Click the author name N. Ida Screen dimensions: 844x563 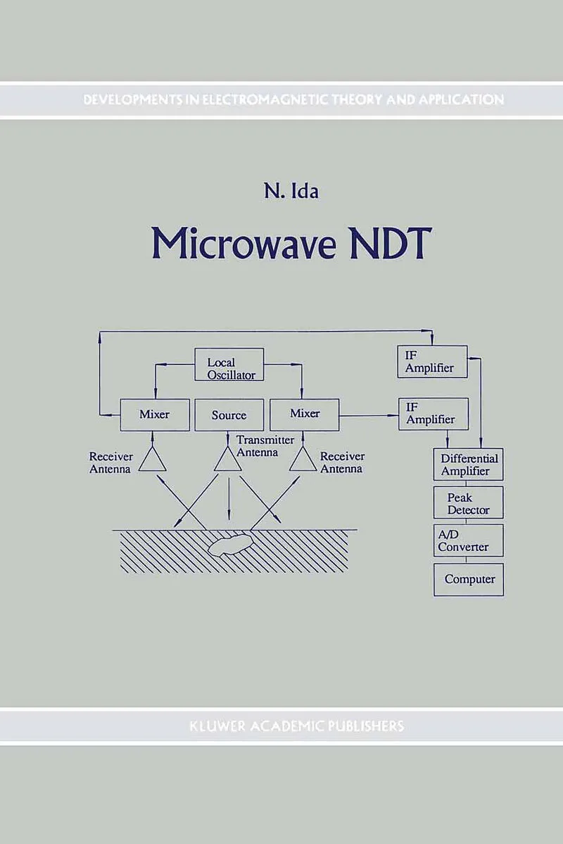pyautogui.click(x=286, y=191)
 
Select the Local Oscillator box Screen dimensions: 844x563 pyautogui.click(x=229, y=364)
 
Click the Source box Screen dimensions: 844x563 pyautogui.click(x=229, y=415)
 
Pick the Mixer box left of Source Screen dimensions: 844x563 pyautogui.click(x=154, y=415)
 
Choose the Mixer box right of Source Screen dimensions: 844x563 pyautogui.click(x=305, y=415)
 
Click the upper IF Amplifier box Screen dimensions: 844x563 pyautogui.click(x=432, y=362)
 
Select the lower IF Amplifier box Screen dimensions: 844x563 pyautogui.click(x=432, y=414)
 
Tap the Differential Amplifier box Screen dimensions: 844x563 pyautogui.click(x=468, y=464)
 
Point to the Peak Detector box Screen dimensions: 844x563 pyautogui.click(x=468, y=503)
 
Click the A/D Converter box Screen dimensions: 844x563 pyautogui.click(x=468, y=540)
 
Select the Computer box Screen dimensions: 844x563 pyautogui.click(x=469, y=579)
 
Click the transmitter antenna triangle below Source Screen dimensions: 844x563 pyautogui.click(x=227, y=460)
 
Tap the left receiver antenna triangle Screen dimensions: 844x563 pyautogui.click(x=152, y=460)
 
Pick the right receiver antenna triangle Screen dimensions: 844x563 pyautogui.click(x=303, y=460)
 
